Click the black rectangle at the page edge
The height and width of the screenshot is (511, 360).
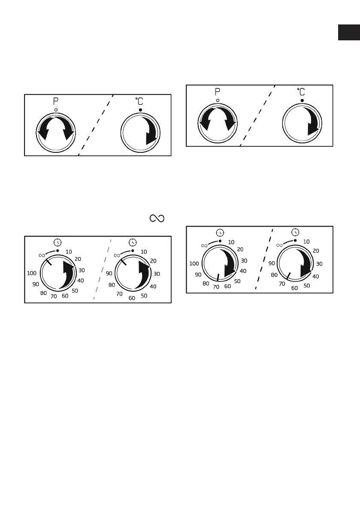click(348, 33)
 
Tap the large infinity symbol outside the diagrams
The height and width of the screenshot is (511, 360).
click(157, 219)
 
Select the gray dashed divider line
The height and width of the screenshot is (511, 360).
click(102, 270)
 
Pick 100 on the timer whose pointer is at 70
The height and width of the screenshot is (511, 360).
click(194, 263)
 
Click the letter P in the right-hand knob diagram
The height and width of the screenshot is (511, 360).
click(218, 92)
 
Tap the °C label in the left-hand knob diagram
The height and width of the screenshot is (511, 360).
click(140, 102)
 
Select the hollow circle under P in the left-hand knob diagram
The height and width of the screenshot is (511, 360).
click(56, 110)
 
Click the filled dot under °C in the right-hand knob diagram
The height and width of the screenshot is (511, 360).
click(302, 100)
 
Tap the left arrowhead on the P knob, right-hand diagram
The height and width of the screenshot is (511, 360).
click(205, 125)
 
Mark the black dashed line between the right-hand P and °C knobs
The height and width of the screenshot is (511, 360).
click(257, 116)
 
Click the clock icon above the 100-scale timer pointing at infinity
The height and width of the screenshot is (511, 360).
click(57, 242)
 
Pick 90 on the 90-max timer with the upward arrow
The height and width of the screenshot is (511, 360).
click(109, 273)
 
